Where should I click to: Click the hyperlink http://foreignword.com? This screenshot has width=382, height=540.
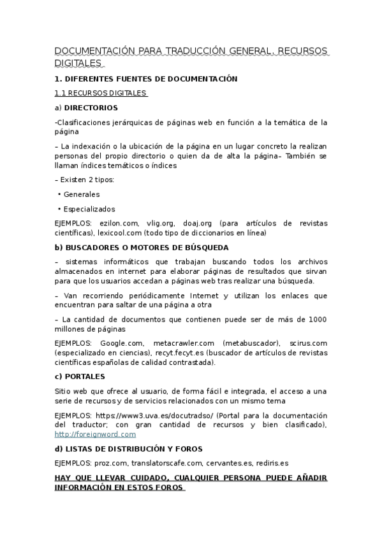95,434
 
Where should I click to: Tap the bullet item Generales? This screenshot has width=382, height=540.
82,194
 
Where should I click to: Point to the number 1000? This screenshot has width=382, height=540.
318,319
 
